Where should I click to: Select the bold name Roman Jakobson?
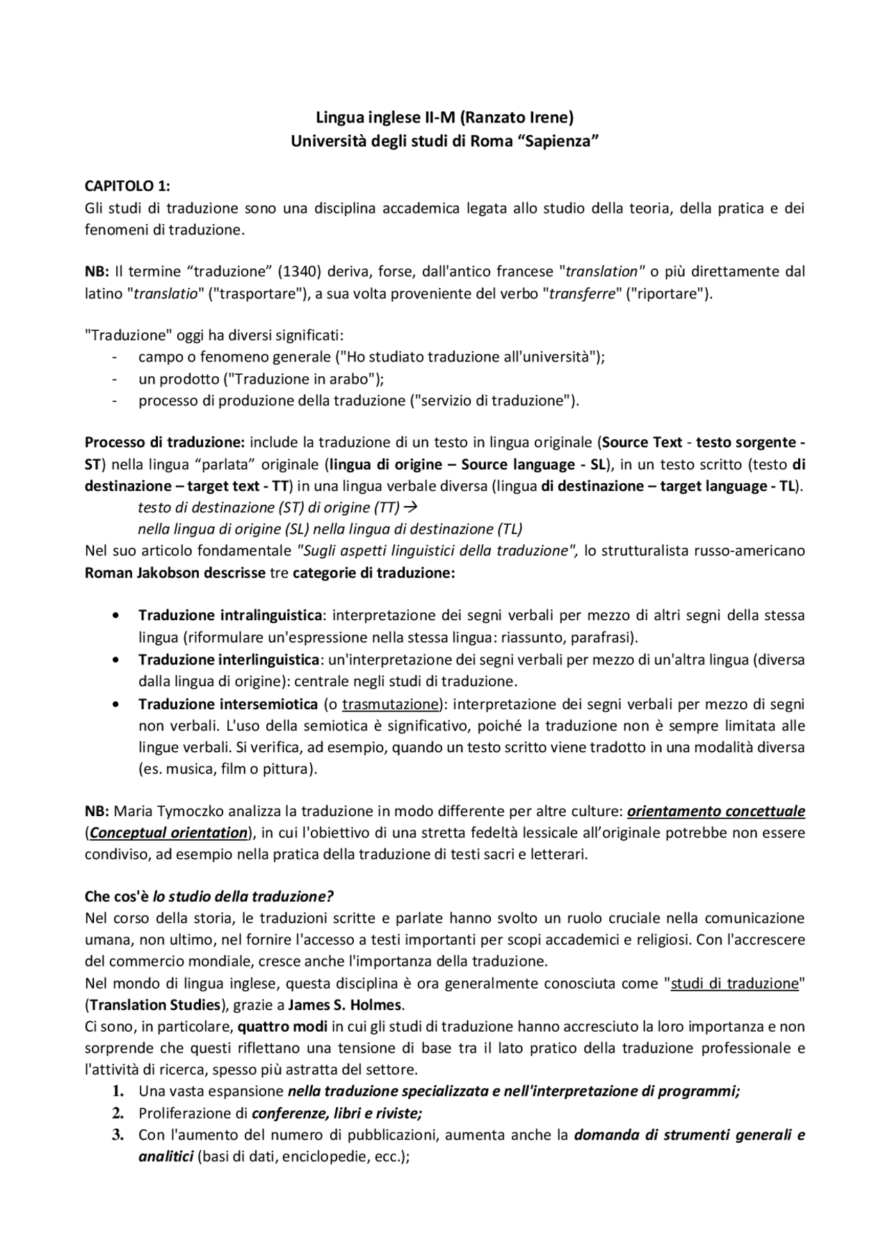pos(142,573)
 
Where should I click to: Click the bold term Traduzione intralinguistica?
pos(230,615)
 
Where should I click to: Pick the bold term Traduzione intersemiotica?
pos(228,704)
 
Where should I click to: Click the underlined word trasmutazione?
pos(391,704)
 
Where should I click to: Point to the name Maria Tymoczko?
pos(162,811)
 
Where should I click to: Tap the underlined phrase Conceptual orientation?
pos(168,833)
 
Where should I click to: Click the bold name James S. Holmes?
pos(345,1005)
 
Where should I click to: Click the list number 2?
pos(118,1113)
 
